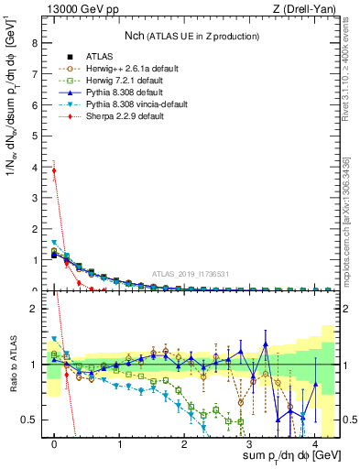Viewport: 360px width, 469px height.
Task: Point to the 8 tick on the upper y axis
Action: tap(34, 43)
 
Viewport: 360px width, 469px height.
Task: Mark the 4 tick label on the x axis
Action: tap(314, 444)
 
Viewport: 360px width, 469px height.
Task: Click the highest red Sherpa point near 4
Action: tap(55, 170)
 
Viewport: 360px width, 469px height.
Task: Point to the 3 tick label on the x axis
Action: tap(249, 444)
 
